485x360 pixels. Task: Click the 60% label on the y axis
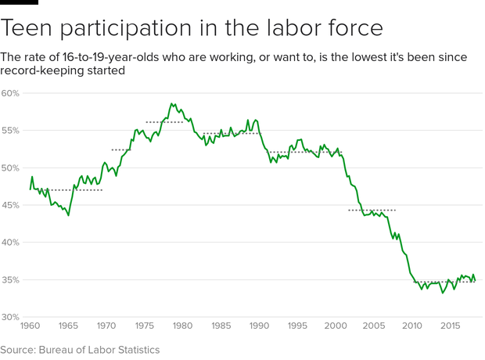click(x=10, y=93)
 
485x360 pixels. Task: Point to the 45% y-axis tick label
click(x=10, y=205)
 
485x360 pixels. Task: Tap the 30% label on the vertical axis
click(x=10, y=317)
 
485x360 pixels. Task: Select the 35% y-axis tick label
click(x=10, y=279)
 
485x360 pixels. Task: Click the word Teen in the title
click(x=29, y=29)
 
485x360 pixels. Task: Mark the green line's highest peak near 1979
click(x=171, y=103)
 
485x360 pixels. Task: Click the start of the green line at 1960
click(x=31, y=189)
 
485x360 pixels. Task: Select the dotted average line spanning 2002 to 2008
click(x=372, y=211)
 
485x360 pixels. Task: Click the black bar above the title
click(x=19, y=2)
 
